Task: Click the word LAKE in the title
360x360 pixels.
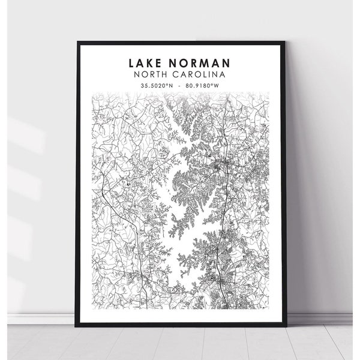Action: pyautogui.click(x=146, y=63)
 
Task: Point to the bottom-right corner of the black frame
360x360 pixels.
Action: pyautogui.click(x=284, y=325)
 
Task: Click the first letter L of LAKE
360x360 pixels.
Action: pyautogui.click(x=130, y=63)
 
